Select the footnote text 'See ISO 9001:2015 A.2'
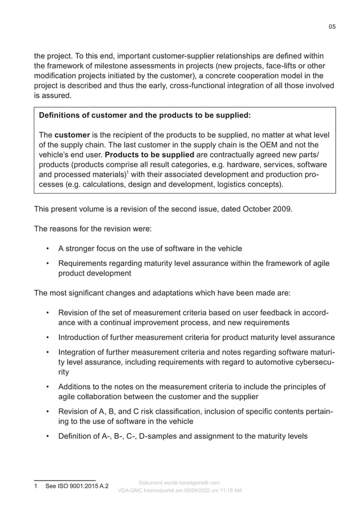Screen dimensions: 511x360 click(77, 486)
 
